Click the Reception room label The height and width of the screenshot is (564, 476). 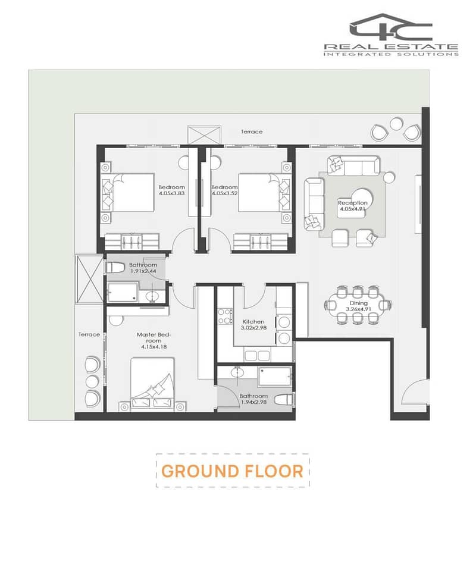coord(352,203)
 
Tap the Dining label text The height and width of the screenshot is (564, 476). coord(358,303)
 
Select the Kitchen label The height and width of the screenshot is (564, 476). coord(253,322)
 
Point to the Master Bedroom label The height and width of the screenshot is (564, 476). coord(154,337)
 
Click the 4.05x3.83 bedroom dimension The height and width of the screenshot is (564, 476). coord(171,193)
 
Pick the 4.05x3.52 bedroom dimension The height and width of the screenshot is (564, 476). coord(224,193)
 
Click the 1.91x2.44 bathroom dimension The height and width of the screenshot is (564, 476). coord(143,271)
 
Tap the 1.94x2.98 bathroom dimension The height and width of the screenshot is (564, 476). coord(253,402)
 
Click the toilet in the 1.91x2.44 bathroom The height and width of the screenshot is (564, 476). coord(114,268)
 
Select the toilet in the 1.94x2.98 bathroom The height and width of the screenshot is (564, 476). coord(283,400)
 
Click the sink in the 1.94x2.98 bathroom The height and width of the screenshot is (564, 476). coord(237,372)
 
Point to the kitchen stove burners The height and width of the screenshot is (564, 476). coord(224,316)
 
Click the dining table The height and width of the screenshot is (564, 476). coord(358,305)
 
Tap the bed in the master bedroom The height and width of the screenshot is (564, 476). coord(152,383)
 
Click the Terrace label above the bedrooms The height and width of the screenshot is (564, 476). coord(252,131)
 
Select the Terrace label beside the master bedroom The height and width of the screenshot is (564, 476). coord(89,334)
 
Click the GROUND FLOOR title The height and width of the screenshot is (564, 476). coord(233,471)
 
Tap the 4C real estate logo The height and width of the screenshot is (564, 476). coord(391,35)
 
